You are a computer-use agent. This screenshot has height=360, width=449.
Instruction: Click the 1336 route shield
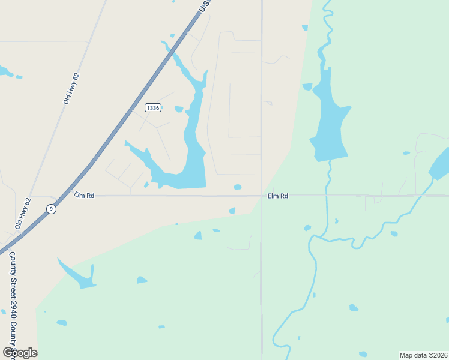click(153, 107)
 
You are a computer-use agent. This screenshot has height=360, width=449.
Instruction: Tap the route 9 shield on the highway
click(52, 209)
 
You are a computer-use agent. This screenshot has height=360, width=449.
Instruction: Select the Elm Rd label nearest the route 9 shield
click(84, 195)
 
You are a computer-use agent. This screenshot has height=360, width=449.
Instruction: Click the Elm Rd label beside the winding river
click(277, 196)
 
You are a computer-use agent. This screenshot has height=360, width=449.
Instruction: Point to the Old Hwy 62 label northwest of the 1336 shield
click(71, 89)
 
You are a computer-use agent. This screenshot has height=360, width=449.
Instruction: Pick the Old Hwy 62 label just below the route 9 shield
click(23, 214)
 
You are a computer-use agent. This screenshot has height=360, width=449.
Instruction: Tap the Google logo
click(19, 353)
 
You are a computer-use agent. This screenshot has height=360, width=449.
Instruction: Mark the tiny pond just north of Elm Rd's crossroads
click(238, 187)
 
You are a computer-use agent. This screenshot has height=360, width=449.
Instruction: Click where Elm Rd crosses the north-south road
click(261, 196)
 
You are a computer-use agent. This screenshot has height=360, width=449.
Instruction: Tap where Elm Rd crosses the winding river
click(326, 196)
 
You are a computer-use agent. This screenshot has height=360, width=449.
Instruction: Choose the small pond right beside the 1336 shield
click(179, 109)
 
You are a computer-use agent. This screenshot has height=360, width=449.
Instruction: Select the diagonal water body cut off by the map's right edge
click(439, 163)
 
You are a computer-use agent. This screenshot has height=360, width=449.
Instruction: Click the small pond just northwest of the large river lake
click(307, 87)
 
